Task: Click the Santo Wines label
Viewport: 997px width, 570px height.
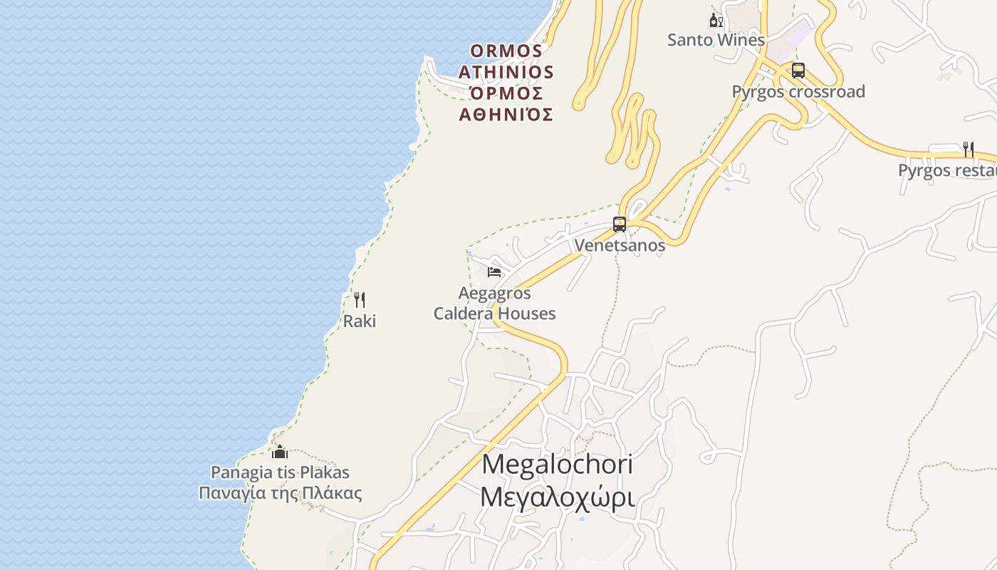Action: pyautogui.click(x=716, y=40)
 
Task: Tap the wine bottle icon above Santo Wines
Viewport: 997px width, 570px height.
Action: pyautogui.click(x=716, y=21)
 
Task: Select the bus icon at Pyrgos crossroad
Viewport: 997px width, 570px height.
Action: pyautogui.click(x=798, y=71)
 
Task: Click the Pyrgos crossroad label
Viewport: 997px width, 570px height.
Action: pyautogui.click(x=798, y=91)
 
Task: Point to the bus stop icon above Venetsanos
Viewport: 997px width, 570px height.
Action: pyautogui.click(x=620, y=224)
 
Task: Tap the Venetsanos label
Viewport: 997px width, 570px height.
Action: pyautogui.click(x=620, y=245)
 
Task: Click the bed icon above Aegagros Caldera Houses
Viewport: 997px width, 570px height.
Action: pyautogui.click(x=494, y=271)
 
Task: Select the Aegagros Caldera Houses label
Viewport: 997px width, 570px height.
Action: pyautogui.click(x=494, y=304)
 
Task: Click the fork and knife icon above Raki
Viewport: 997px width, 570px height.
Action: pyautogui.click(x=360, y=300)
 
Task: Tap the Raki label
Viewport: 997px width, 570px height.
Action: pyautogui.click(x=360, y=321)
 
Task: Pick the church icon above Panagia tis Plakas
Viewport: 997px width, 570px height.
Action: pyautogui.click(x=280, y=452)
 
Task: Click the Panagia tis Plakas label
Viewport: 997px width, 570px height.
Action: pyautogui.click(x=280, y=472)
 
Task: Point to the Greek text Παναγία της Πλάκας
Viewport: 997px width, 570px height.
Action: pyautogui.click(x=280, y=493)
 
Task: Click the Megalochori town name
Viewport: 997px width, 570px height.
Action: pyautogui.click(x=557, y=465)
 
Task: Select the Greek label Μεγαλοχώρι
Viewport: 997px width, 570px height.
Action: pyautogui.click(x=557, y=497)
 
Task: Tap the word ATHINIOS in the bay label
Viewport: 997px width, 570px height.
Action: pyautogui.click(x=506, y=72)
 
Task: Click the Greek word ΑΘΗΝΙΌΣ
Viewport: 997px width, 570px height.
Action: pyautogui.click(x=506, y=114)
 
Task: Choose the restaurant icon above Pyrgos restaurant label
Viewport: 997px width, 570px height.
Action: pyautogui.click(x=968, y=149)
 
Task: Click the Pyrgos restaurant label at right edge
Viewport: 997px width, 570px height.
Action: pyautogui.click(x=946, y=170)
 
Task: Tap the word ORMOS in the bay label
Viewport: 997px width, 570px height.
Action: pyautogui.click(x=506, y=51)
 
